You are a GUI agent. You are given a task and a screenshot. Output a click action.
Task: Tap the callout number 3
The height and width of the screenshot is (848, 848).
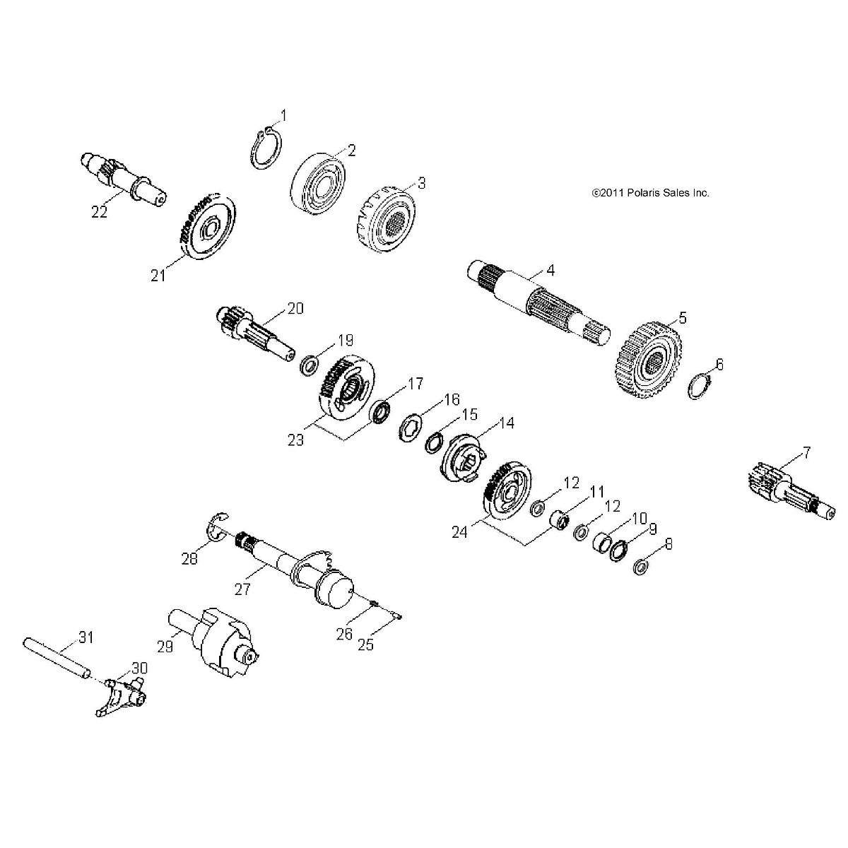tap(422, 184)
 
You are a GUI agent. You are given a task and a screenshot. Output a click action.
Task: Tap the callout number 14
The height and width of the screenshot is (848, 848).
tap(507, 423)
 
